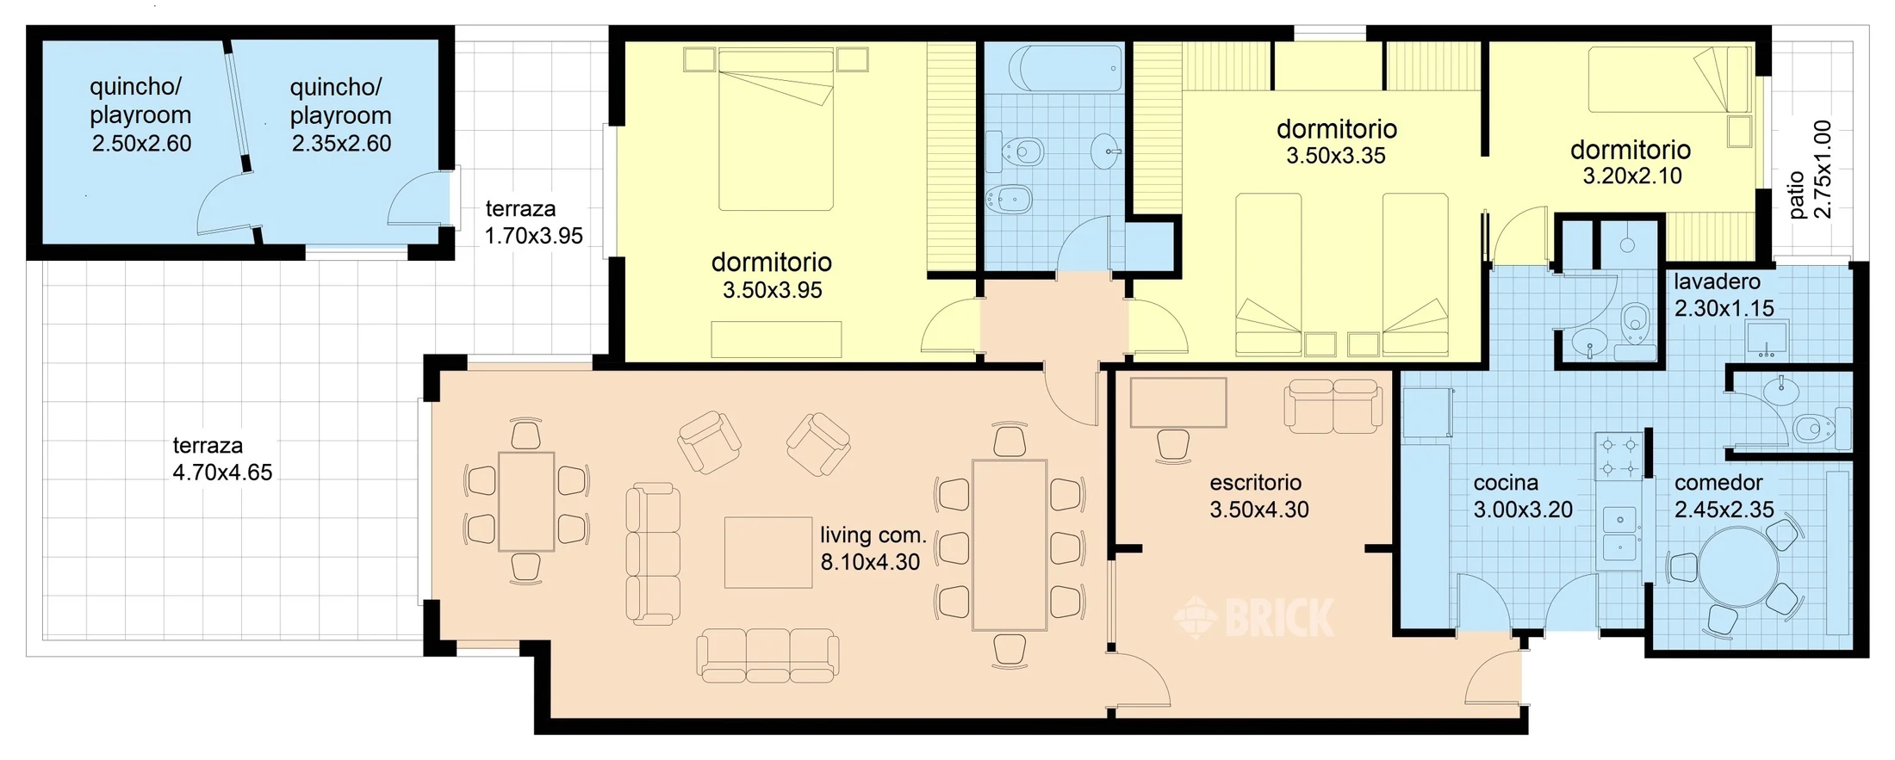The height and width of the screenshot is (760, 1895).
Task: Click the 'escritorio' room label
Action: [x=1255, y=482]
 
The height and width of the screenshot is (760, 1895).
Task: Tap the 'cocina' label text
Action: [x=1506, y=482]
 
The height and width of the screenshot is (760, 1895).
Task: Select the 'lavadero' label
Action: [x=1717, y=281]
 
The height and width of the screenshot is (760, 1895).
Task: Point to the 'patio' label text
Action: [x=1797, y=195]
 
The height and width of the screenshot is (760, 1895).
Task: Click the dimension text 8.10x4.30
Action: [x=870, y=562]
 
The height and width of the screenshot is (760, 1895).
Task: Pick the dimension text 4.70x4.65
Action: [x=222, y=473]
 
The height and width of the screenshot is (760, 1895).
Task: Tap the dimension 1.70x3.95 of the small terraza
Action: [x=533, y=236]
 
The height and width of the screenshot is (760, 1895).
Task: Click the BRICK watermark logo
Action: [x=1255, y=617]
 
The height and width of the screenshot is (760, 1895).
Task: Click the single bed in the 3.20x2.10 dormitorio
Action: [x=1669, y=79]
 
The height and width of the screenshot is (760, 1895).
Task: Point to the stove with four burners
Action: [x=1619, y=457]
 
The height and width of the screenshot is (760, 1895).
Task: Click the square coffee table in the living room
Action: [x=767, y=553]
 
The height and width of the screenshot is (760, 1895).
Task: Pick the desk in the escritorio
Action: [x=1178, y=402]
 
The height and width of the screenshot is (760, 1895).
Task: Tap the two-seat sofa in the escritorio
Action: [x=1333, y=405]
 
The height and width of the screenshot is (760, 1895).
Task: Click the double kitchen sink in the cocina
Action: [x=1620, y=534]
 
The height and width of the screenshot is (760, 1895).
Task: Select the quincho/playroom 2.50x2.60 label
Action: [x=141, y=115]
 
